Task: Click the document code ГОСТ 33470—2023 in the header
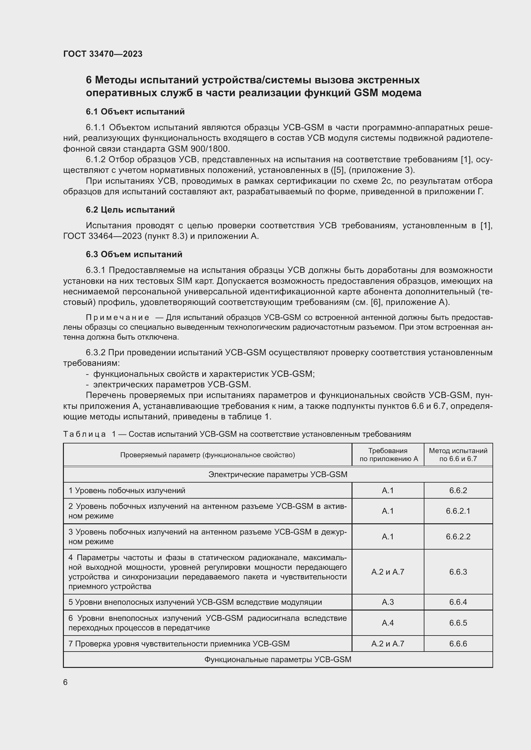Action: [103, 54]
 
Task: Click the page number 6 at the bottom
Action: [65, 682]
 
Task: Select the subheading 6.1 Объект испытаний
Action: [135, 112]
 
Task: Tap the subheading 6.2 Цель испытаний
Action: [130, 210]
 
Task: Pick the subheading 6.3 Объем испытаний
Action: [134, 254]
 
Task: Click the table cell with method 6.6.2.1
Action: [458, 511]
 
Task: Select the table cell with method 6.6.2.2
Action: [458, 536]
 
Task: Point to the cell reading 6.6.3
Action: [458, 572]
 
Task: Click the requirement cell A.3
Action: [387, 602]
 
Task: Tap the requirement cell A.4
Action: [387, 623]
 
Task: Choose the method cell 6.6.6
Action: [458, 644]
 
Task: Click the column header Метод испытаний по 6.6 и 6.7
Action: [458, 455]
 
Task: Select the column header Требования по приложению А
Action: [388, 455]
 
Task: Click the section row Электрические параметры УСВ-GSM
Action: [278, 474]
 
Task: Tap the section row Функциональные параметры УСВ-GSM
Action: [278, 660]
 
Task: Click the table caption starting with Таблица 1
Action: [237, 434]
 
